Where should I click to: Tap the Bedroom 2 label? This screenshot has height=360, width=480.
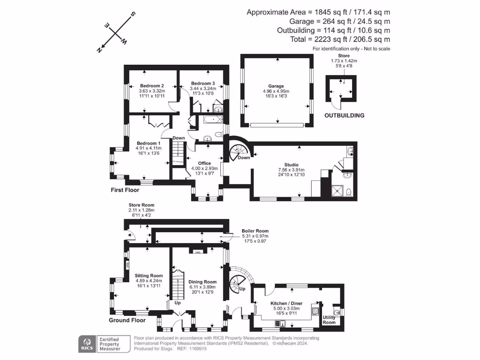152,86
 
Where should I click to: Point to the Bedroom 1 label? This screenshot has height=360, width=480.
149,143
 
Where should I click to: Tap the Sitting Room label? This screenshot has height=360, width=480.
149,276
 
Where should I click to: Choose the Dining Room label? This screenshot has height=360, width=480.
203,282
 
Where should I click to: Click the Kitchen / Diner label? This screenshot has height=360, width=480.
286,303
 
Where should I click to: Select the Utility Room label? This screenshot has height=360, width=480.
329,320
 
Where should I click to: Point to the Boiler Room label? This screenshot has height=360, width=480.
255,231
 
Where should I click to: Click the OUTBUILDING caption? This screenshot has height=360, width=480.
345,115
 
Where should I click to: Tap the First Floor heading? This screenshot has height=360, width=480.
125,190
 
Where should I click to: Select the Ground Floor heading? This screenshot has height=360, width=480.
127,321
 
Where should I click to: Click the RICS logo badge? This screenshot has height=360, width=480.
86,344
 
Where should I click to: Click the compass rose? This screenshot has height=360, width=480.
116,32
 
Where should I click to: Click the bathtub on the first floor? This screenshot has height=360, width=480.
213,120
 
